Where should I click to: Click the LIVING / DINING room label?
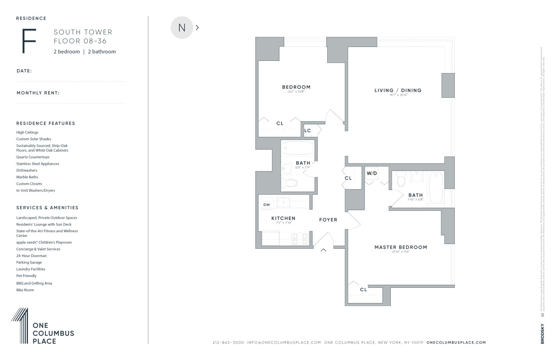398,90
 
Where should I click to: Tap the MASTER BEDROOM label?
400,247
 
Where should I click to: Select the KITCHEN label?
283,218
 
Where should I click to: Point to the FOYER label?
328,220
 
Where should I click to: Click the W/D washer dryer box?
372,174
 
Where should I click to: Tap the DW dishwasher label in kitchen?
266,204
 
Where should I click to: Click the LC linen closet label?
308,130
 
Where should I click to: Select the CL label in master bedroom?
363,290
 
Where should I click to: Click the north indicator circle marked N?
182,28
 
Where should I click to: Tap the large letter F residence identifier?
29,41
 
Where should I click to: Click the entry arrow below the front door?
324,250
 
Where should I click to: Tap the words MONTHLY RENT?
38,93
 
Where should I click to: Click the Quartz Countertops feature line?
33,157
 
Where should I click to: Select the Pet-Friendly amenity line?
27,276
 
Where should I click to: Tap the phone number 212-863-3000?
228,343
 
